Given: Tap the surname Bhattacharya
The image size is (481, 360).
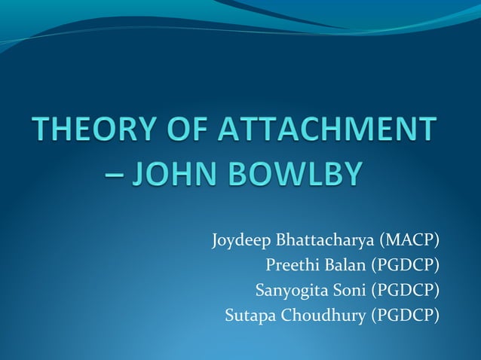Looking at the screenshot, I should point(327,241).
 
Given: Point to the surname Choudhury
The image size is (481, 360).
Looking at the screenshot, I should point(323,315).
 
